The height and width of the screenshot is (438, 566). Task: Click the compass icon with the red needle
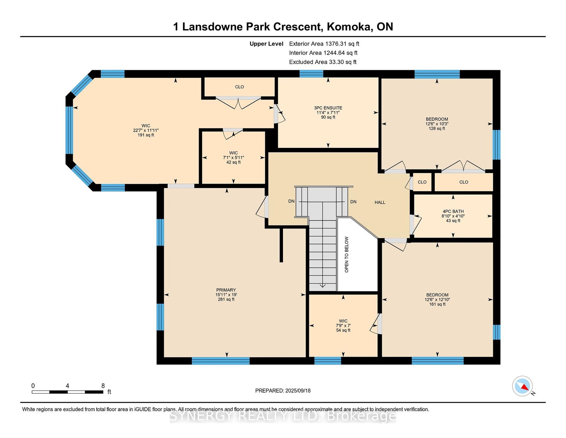point(522,386)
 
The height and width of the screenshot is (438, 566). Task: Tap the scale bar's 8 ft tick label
point(103,386)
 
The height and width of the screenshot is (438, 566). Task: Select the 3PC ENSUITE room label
point(328,108)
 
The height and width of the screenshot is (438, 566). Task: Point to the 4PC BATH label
point(453,211)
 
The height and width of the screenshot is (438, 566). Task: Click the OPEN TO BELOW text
point(346,254)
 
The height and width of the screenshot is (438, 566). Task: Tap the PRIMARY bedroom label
point(226,290)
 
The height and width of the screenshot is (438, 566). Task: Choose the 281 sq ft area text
point(226,299)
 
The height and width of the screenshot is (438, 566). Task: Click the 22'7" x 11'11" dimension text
point(146,130)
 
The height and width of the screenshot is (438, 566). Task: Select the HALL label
point(380,202)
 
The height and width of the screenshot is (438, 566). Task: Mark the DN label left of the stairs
point(291,201)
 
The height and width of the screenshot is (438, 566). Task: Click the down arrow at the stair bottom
point(322,285)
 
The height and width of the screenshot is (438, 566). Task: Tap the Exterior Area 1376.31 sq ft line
point(324,44)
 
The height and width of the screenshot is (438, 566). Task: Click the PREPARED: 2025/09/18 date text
point(283,391)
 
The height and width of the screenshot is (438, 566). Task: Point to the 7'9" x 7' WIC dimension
point(343,326)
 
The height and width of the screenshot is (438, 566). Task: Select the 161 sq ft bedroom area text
point(437,304)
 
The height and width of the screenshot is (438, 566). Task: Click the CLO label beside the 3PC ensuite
point(239,87)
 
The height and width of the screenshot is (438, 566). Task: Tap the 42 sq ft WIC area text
point(233,162)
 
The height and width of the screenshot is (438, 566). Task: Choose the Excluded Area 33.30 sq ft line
point(323,62)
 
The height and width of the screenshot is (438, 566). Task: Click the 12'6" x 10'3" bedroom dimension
point(437,124)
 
